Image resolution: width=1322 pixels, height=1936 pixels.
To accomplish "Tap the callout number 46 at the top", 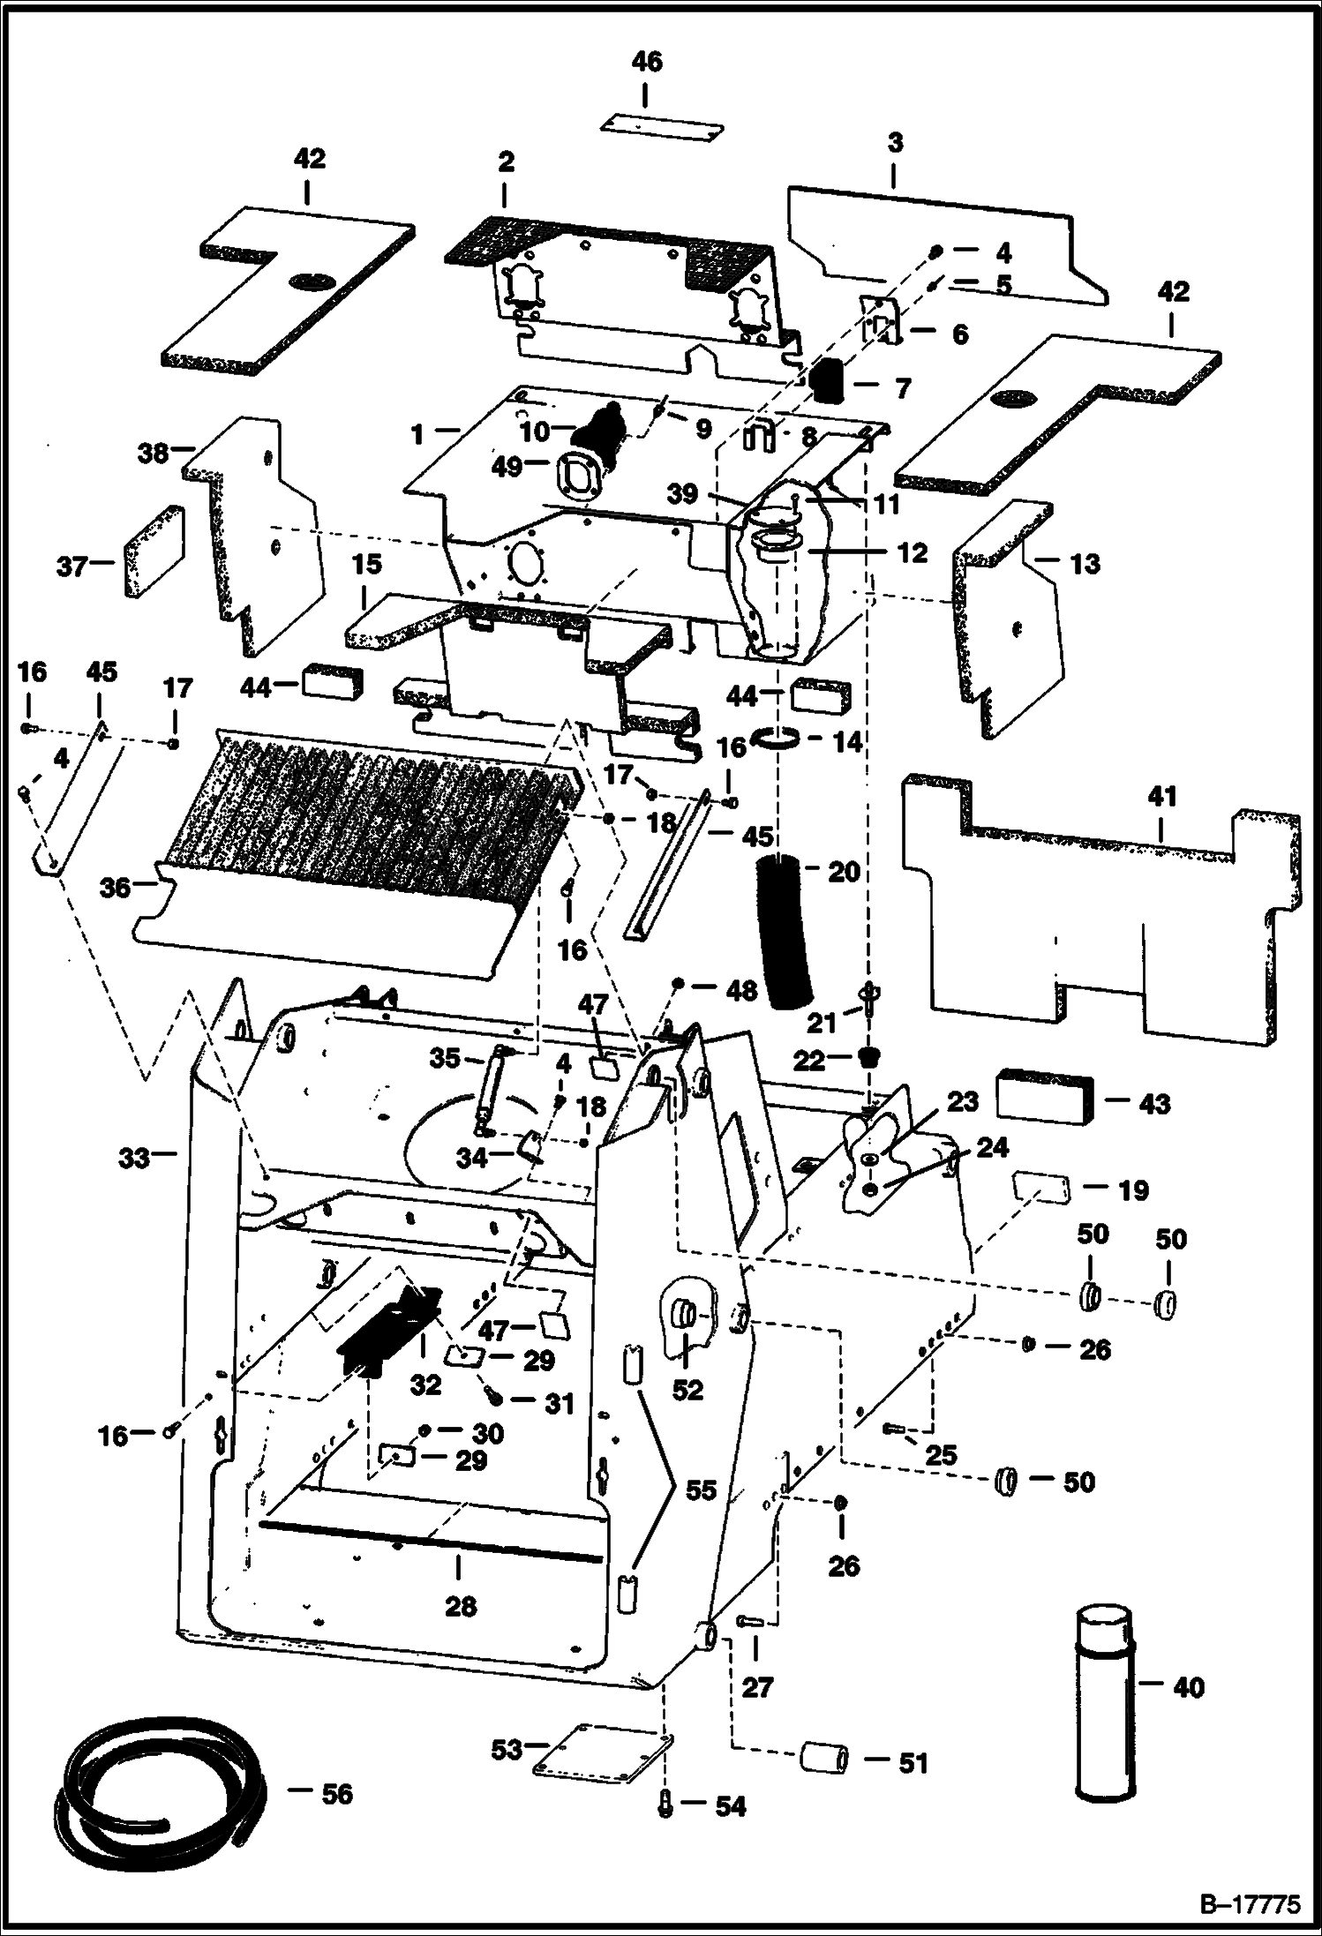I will (646, 63).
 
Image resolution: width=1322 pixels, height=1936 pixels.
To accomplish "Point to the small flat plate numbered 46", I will (662, 124).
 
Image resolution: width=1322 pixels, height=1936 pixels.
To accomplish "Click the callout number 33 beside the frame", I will (134, 1157).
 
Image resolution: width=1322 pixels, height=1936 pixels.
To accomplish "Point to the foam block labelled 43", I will (1045, 1097).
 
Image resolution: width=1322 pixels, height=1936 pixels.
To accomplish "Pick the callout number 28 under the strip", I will (460, 1606).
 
